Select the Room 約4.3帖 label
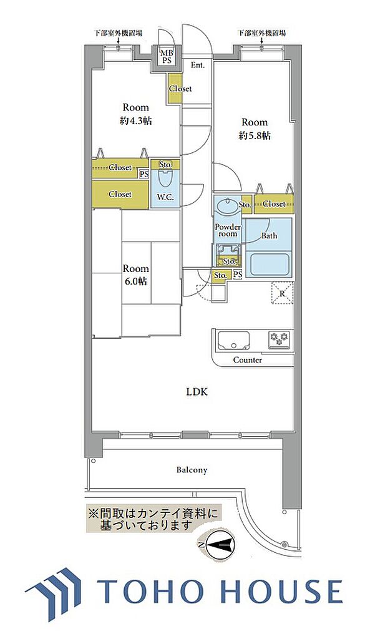(x=136, y=114)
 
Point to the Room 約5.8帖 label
(x=255, y=129)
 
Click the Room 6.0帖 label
(x=136, y=275)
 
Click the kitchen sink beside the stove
(x=234, y=341)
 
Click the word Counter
(x=247, y=360)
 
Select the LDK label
(x=198, y=393)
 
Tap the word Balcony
(x=192, y=470)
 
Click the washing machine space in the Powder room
(x=229, y=255)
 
